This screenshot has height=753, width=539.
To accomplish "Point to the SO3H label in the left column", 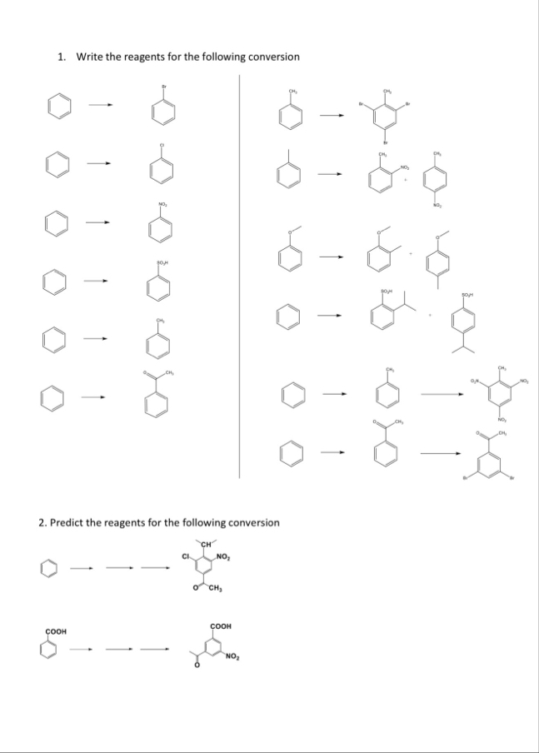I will click(x=162, y=262).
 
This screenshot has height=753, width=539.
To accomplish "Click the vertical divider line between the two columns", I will click(x=240, y=275).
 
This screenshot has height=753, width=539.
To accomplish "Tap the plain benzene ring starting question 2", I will click(x=49, y=569).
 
